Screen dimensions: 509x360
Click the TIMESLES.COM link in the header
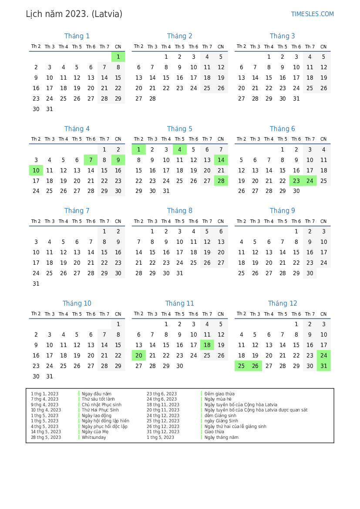coord(312,14)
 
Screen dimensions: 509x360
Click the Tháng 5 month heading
coord(179,129)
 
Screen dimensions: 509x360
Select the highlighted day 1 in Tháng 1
coord(118,57)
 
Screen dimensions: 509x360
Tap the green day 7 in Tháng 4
coord(91,160)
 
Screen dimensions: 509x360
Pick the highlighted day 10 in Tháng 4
coord(36,171)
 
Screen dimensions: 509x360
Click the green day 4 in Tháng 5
coord(179,150)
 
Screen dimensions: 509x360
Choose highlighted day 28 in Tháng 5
coord(221,181)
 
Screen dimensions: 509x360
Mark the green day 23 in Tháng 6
coord(296,181)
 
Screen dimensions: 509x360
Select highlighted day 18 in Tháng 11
coord(207,345)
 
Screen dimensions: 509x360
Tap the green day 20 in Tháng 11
coord(138,356)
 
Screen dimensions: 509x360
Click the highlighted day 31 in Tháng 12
coord(323,366)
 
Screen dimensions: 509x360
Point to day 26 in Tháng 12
coord(255,366)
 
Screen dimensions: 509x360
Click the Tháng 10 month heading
coord(77,303)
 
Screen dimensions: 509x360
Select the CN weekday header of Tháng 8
coord(221,222)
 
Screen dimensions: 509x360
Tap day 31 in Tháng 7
coord(36,284)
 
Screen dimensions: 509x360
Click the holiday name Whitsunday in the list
coord(94,437)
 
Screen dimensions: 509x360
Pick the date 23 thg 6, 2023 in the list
coord(161,394)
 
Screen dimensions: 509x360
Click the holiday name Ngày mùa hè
coord(218,399)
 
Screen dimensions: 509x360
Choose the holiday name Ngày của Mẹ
coord(95,432)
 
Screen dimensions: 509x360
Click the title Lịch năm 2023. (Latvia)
coord(74,14)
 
